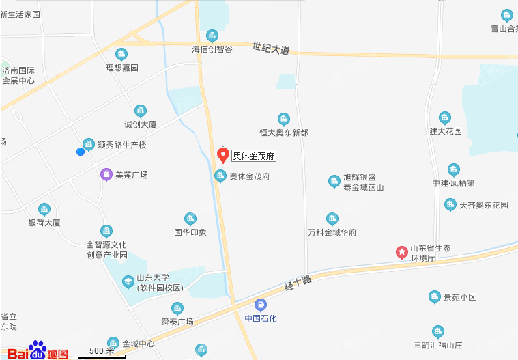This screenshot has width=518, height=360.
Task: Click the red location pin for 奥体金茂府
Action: point(222,154)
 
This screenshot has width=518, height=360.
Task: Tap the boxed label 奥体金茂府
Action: point(254,156)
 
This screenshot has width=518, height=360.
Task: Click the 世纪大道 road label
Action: point(271,49)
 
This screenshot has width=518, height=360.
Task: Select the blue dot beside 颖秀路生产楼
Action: point(81,151)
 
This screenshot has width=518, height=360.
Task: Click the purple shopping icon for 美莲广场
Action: point(106,174)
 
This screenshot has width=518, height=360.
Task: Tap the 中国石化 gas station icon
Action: point(260,305)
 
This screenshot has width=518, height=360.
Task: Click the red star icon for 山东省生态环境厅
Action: point(402,253)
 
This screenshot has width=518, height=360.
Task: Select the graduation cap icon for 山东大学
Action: point(128,281)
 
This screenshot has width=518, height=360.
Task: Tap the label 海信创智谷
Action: point(212,49)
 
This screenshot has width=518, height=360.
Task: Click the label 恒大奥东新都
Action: point(284,133)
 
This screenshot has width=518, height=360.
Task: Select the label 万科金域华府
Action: point(332,232)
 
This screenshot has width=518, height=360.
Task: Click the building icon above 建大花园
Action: point(445,117)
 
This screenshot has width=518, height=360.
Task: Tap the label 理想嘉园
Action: point(122,68)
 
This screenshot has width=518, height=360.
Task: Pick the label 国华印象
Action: point(190,232)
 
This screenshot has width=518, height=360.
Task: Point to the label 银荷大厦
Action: point(44,223)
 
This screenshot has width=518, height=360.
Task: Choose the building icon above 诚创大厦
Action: point(141,111)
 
